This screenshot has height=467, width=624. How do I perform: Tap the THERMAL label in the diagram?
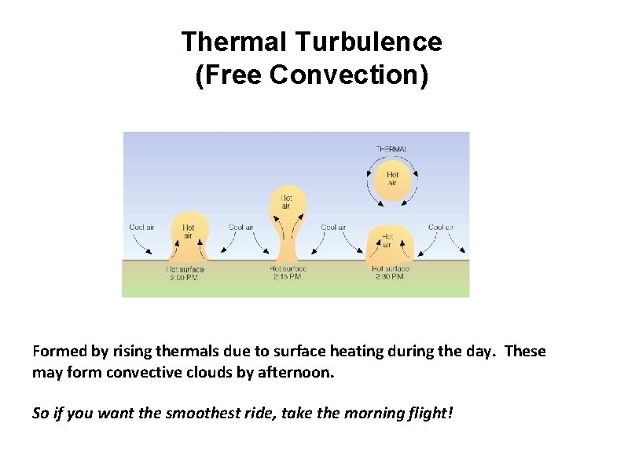pyautogui.click(x=391, y=148)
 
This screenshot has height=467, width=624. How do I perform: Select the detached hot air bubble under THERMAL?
pyautogui.click(x=392, y=180)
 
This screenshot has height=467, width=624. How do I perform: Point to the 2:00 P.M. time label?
pyautogui.click(x=185, y=277)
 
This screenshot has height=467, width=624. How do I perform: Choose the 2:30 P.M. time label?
pyautogui.click(x=390, y=277)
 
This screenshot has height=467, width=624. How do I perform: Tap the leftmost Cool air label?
pyautogui.click(x=142, y=228)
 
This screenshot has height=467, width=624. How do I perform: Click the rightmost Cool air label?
pyautogui.click(x=441, y=228)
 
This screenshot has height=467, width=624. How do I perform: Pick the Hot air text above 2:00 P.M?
pyautogui.click(x=189, y=231)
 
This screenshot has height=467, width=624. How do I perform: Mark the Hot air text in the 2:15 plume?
pyautogui.click(x=287, y=202)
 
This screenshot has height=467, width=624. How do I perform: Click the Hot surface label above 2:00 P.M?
pyautogui.click(x=185, y=269)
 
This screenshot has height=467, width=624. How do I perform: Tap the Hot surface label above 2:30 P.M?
pyautogui.click(x=390, y=269)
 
